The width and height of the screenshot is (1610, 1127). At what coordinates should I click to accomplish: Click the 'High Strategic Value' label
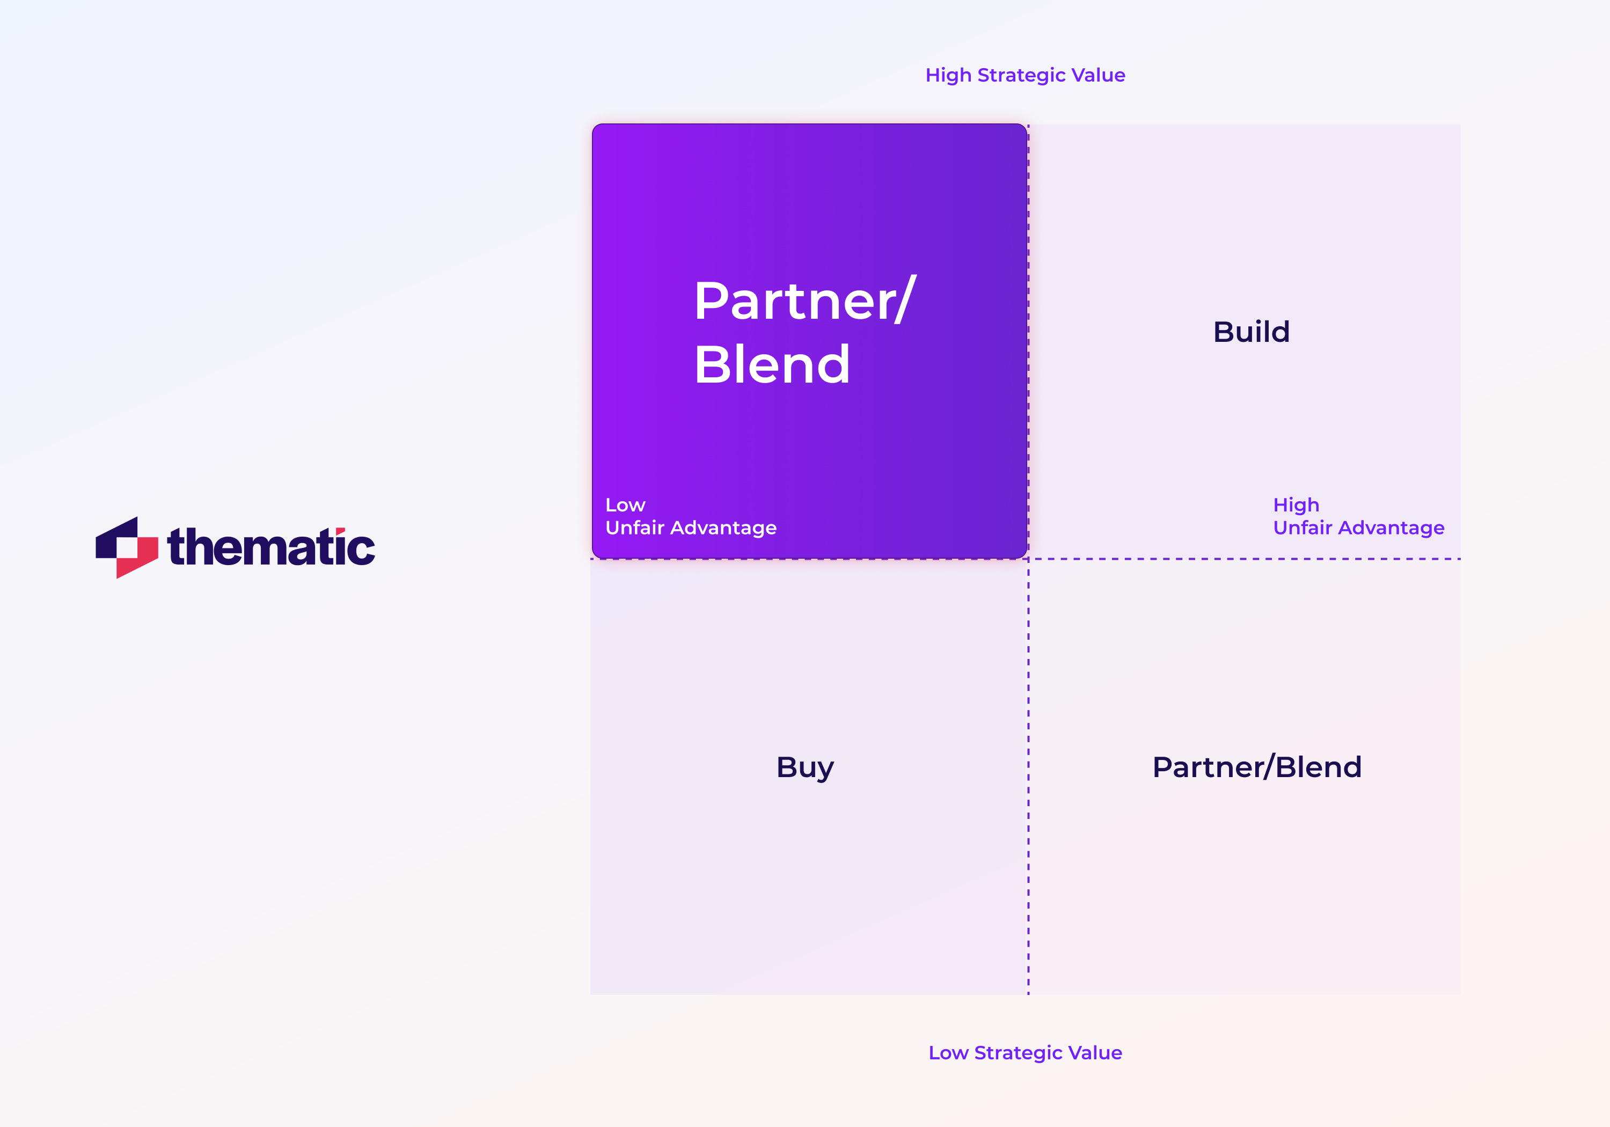[1024, 75]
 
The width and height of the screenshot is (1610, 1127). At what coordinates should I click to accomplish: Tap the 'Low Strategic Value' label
[1024, 1052]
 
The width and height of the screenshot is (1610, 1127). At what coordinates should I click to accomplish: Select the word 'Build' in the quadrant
[1251, 332]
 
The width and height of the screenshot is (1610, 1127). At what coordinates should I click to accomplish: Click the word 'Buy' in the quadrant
[805, 767]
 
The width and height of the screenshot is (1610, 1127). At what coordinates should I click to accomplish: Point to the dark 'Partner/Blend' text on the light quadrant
[1256, 767]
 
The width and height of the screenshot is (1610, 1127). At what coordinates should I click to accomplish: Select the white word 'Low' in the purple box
[625, 505]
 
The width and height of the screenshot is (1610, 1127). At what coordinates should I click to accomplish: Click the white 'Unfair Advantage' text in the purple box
[691, 528]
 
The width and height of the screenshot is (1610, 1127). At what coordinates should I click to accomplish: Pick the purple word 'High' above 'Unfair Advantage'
[1296, 505]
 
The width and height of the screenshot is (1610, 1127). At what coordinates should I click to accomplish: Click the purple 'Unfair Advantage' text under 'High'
[1358, 528]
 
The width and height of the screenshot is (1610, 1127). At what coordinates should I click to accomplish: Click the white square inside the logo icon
[127, 548]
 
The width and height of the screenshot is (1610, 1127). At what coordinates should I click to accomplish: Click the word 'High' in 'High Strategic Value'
[948, 75]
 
